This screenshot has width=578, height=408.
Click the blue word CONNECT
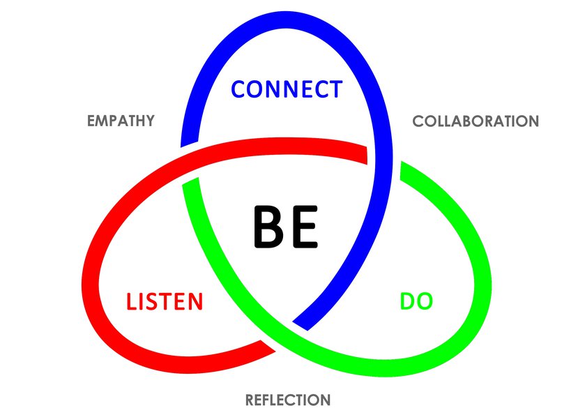point(287,89)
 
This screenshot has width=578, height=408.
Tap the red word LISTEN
point(165,302)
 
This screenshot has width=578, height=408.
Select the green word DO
point(416,301)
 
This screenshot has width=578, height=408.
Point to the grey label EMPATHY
point(121,121)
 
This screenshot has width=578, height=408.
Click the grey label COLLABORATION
point(476,121)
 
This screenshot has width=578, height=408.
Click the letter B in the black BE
point(266,227)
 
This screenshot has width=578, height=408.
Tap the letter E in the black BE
point(305,227)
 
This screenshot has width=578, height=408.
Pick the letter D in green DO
point(408,301)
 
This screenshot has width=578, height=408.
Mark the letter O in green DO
point(425,301)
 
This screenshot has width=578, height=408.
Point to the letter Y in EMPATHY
point(149,121)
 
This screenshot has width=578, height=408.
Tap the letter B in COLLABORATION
point(461,121)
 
